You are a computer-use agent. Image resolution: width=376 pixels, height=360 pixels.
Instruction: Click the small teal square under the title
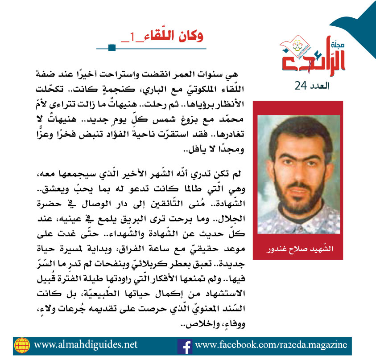click(112, 47)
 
